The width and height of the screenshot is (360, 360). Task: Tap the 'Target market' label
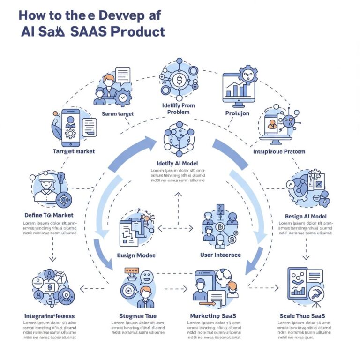[75, 151]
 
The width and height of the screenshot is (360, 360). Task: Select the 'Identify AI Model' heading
[177, 163]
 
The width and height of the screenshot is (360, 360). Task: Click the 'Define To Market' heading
[49, 215]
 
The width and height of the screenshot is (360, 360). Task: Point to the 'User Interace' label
[220, 255]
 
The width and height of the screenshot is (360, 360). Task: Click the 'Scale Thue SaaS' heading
[301, 316]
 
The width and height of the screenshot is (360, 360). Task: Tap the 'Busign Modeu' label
[136, 255]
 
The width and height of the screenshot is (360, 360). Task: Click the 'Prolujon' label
[237, 113]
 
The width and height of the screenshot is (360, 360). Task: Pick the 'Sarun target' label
[118, 113]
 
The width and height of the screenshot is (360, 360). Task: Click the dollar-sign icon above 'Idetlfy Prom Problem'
[179, 80]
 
